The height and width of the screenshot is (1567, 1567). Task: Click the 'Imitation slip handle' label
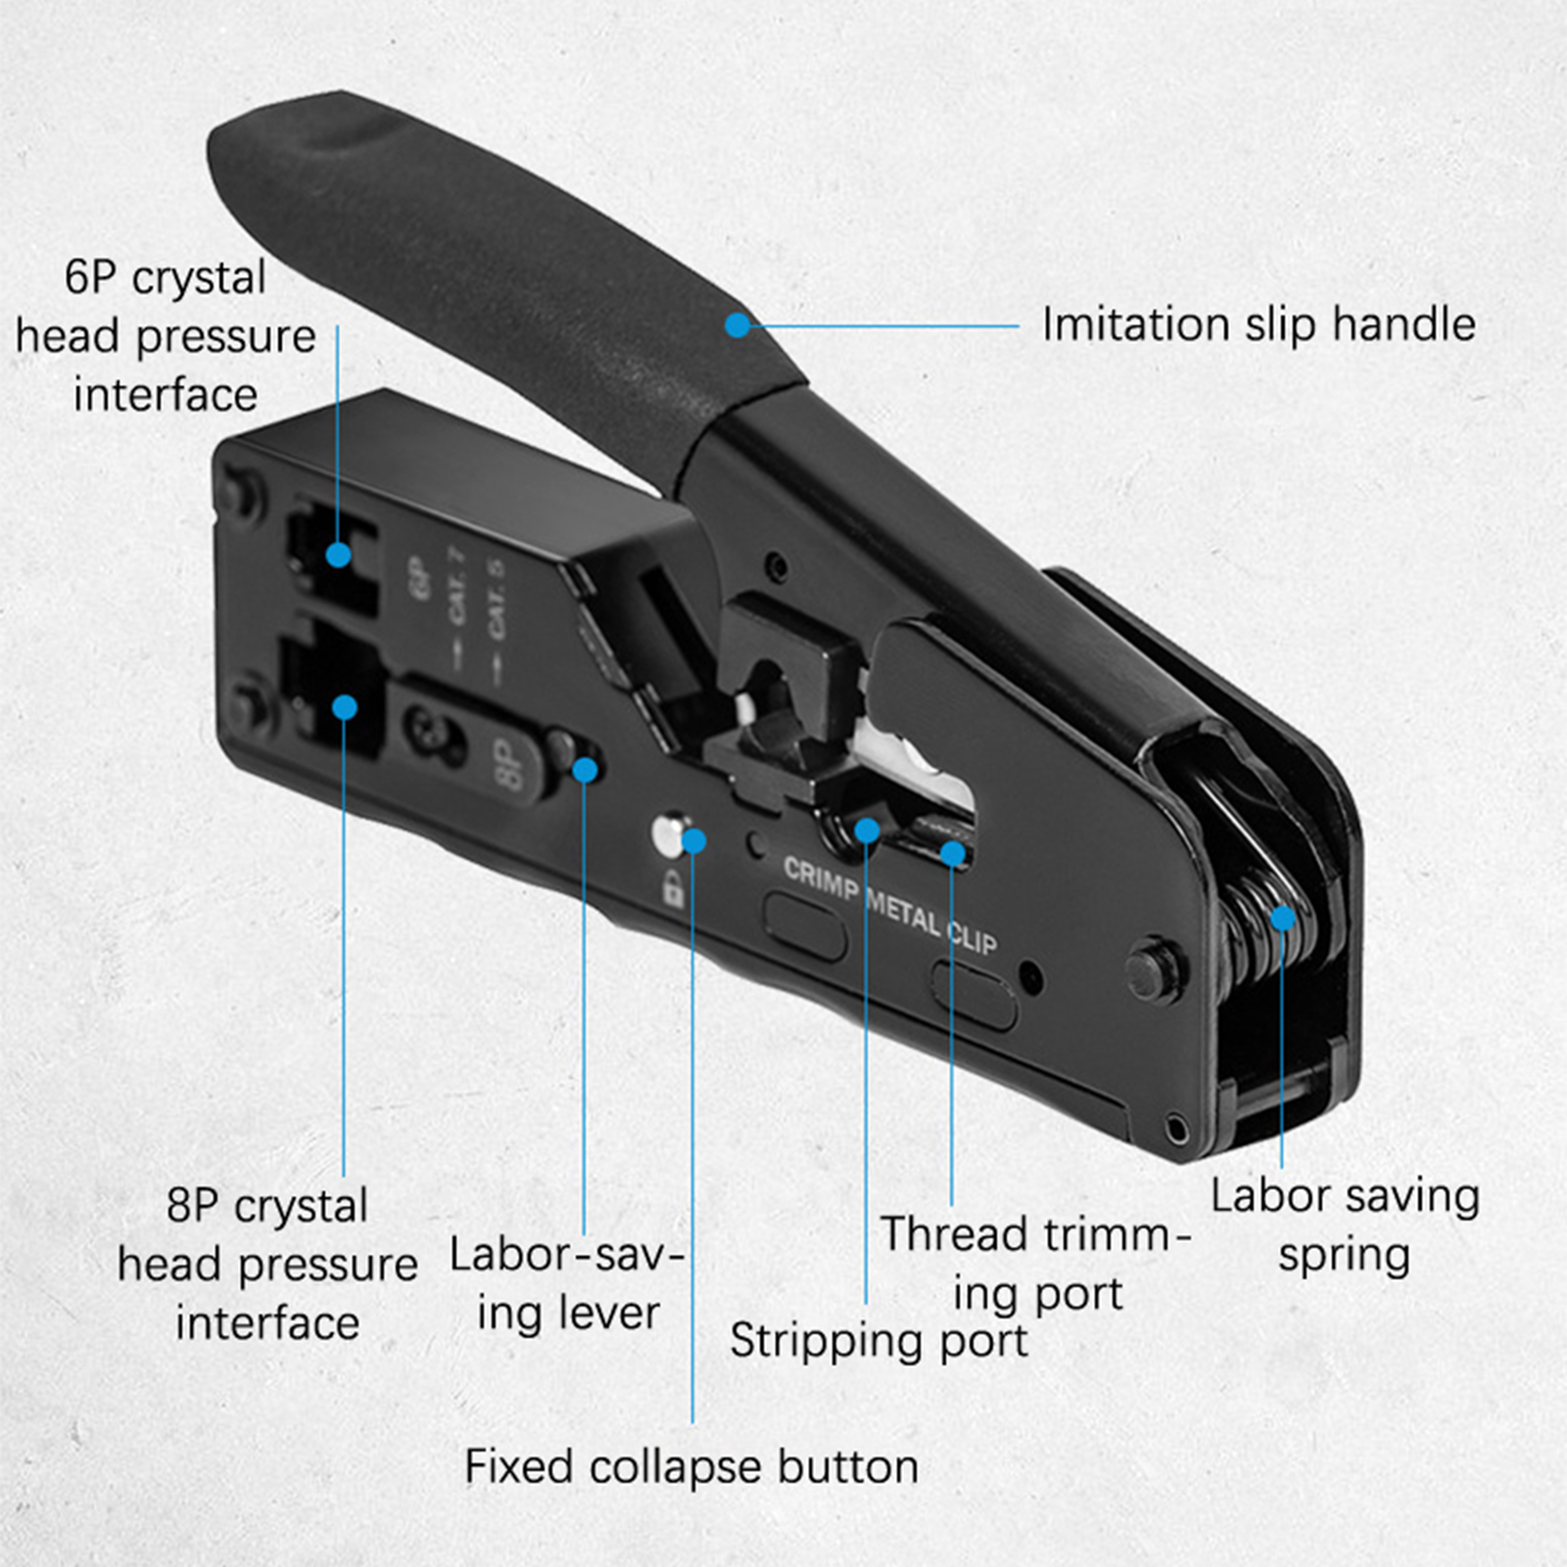1258,325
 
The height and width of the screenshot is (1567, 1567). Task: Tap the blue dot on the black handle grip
737,324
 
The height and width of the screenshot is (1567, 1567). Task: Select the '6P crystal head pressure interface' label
166,336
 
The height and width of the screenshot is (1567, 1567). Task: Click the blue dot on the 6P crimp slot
338,555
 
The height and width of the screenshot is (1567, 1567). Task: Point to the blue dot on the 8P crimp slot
344,707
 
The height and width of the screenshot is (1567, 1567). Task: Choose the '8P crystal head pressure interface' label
267,1263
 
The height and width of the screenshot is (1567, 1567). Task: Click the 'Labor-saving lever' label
567,1284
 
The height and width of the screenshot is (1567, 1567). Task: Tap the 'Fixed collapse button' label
691,1466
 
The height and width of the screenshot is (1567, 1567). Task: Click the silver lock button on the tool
669,834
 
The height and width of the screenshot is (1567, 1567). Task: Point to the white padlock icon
673,888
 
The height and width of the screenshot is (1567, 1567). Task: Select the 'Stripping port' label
878,1341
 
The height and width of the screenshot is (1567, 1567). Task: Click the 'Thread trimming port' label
1036,1264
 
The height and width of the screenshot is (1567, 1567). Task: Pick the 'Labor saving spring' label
1345,1225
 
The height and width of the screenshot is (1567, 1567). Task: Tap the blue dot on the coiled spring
1282,919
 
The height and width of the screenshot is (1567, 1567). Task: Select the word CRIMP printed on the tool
821,878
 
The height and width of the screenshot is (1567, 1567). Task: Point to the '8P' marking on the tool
506,765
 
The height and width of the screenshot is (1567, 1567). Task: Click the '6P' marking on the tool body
413,579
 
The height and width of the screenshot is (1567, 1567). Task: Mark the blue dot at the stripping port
867,831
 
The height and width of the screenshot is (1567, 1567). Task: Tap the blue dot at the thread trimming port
952,853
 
